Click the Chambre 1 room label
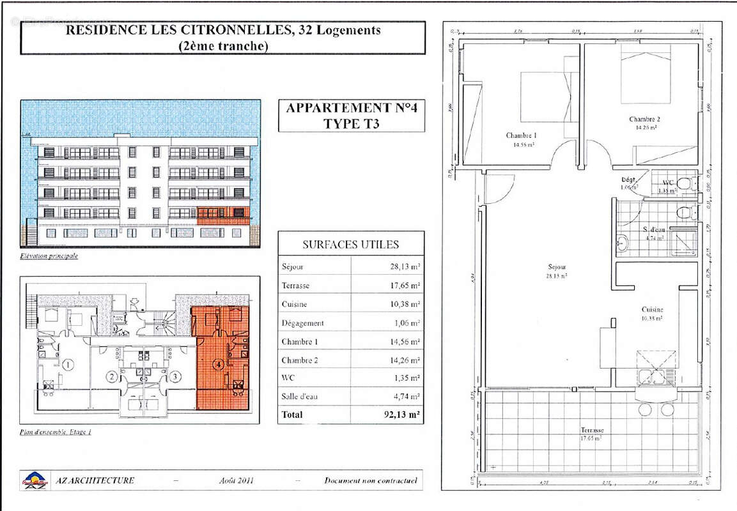point(521,135)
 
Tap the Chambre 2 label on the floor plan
point(644,119)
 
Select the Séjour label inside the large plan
point(557,267)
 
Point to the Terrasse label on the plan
point(592,431)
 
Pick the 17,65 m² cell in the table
point(405,286)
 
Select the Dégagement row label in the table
point(302,323)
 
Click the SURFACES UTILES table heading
point(350,245)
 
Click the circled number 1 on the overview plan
point(68,365)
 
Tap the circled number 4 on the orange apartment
point(219,365)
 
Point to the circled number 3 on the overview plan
point(175,377)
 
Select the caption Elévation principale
point(49,256)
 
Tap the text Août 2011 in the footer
point(236,480)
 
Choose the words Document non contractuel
point(370,480)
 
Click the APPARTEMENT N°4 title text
point(351,108)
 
